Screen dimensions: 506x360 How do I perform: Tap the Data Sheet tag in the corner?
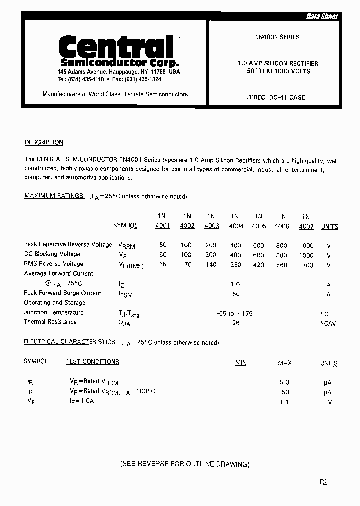coord(322,17)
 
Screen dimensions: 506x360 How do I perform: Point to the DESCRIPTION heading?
coord(44,142)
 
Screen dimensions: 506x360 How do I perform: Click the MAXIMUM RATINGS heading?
coord(54,196)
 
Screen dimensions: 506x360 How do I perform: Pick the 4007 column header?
coord(306,226)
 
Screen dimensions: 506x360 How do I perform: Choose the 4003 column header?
coord(211,226)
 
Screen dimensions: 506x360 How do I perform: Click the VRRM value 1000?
coord(306,245)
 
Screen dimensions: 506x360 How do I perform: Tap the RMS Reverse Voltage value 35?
coord(163,264)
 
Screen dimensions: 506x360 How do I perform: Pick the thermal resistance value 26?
coord(236,323)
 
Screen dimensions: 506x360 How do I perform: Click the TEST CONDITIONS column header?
coord(92,361)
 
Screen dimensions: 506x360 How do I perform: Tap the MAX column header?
coord(285,363)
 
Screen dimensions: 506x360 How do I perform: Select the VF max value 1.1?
coord(285,402)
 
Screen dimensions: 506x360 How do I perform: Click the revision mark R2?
coord(324,482)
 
